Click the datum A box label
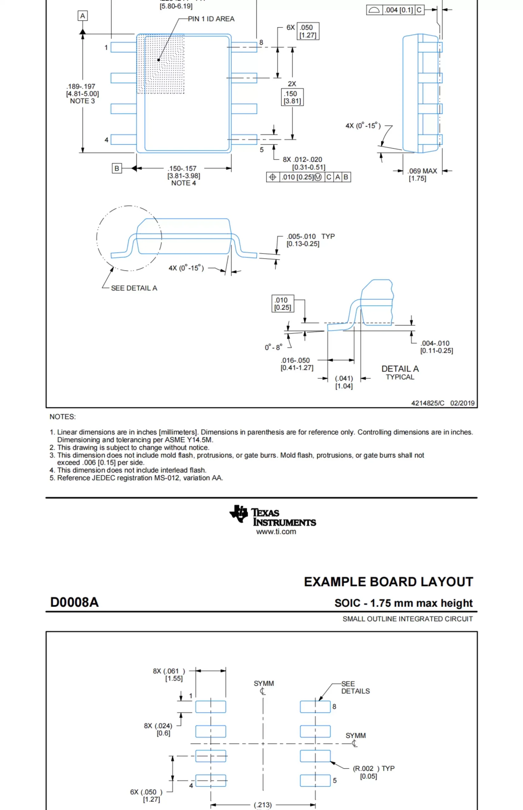coord(83,16)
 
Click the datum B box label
coord(117,168)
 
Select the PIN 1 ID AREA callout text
coord(211,19)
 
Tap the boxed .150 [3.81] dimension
coord(292,97)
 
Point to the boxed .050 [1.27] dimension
coord(308,31)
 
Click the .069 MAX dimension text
coord(422,171)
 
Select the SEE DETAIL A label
coord(134,288)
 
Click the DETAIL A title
coord(400,369)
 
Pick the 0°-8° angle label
coord(273,347)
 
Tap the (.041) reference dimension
coord(344,378)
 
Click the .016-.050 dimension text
coord(295,360)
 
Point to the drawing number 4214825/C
coord(427,403)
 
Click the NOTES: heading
coord(63,417)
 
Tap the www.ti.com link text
coord(276,532)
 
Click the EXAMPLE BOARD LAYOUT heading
coord(388,582)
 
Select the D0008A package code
coord(74,602)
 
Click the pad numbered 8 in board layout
coord(315,707)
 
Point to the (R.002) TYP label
coord(373,769)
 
